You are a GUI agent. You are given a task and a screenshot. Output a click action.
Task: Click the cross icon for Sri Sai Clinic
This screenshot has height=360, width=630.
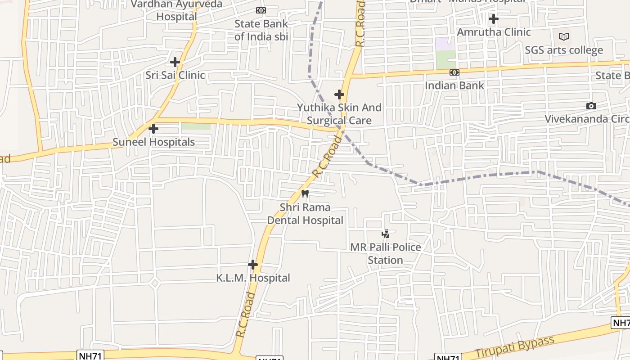[x=175, y=62]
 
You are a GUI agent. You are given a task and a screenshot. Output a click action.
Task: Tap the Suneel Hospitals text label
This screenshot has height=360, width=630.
[x=153, y=142]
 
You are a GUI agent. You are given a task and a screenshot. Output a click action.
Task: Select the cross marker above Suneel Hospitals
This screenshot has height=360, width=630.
[x=153, y=129]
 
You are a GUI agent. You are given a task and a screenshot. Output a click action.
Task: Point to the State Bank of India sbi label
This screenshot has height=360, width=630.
[x=261, y=30]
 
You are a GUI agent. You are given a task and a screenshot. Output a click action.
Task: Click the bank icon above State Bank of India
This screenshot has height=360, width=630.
[x=261, y=10]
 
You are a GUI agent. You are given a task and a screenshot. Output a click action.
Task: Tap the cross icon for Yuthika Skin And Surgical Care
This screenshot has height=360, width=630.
[x=339, y=94]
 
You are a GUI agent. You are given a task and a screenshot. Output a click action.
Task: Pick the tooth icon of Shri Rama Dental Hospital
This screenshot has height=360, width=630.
[x=305, y=194]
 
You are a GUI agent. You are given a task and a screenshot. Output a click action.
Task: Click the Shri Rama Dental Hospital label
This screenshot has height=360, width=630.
[x=305, y=214]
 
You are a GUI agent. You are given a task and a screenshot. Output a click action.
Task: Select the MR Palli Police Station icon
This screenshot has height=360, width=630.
[x=386, y=234]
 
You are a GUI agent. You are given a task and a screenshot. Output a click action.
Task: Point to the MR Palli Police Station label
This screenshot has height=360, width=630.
[x=386, y=254]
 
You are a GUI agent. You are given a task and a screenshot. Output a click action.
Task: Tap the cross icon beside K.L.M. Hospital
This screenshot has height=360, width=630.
[x=253, y=265]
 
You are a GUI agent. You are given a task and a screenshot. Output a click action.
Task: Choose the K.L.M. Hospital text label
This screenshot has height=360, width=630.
[x=253, y=278]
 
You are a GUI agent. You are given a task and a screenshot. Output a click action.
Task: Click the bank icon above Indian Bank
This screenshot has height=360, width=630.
[x=454, y=72]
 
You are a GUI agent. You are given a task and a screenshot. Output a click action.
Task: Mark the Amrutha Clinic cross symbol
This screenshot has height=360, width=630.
[x=494, y=19]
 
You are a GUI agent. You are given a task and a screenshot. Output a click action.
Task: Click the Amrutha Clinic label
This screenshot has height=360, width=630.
[x=494, y=32]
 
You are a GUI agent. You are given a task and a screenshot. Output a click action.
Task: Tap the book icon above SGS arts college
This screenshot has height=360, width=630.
[x=564, y=36]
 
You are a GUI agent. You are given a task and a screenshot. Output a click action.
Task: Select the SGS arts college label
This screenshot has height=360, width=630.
[x=564, y=50]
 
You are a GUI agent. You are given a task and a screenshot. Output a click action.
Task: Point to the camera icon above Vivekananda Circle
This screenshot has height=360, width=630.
[x=591, y=106]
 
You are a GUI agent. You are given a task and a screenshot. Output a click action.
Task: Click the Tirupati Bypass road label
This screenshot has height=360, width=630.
[x=515, y=347]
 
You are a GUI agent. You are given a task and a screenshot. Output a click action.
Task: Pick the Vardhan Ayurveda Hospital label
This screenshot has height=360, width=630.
[x=176, y=10]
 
